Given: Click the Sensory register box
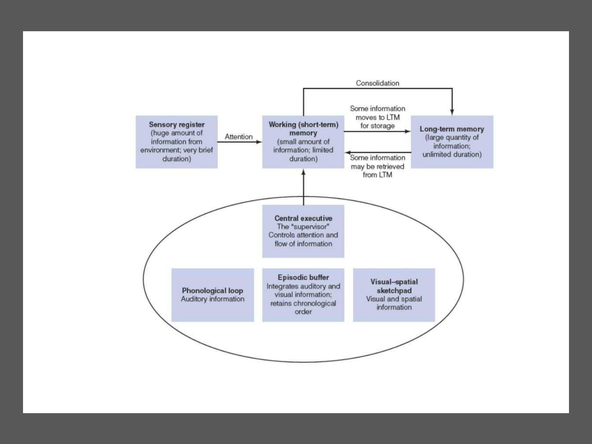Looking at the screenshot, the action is tap(177, 142).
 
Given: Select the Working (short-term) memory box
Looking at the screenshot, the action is tap(303, 142).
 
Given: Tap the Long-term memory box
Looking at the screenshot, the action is tap(452, 142).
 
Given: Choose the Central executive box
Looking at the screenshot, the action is tap(303, 231).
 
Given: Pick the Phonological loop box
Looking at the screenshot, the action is tap(213, 295).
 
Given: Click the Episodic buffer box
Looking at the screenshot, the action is tap(303, 295).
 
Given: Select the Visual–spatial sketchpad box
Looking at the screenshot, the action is tap(394, 295).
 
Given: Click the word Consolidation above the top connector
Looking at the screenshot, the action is tap(377, 83).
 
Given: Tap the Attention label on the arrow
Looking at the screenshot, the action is tap(239, 136).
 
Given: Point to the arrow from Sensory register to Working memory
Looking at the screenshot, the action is tap(240, 142).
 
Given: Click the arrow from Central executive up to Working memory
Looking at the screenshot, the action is tap(303, 187).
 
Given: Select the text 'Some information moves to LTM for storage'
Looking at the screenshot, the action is tap(377, 117).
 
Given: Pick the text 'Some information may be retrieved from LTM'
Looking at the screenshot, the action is tap(377, 166).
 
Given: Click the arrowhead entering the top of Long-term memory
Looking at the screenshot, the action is tap(452, 112).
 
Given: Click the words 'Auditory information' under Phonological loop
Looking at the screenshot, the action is tap(213, 299).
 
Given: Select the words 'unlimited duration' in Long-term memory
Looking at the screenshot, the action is tap(451, 155).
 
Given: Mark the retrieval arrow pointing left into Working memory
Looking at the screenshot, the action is tap(378, 153).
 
